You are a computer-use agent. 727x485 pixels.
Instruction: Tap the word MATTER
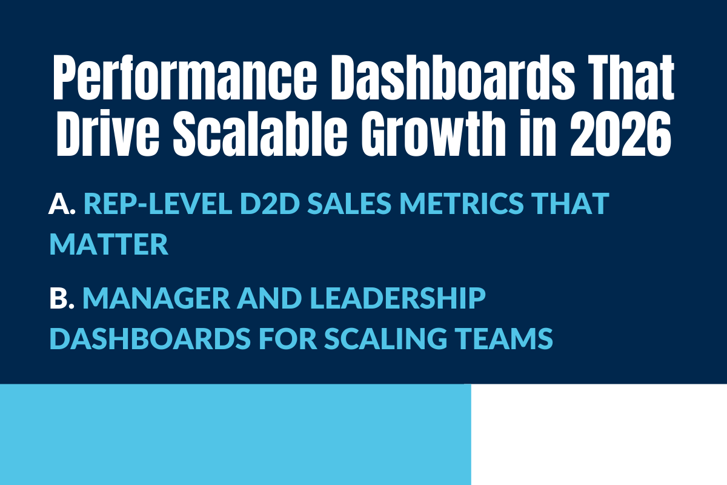point(108,244)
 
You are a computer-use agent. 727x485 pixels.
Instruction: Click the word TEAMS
point(506,339)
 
